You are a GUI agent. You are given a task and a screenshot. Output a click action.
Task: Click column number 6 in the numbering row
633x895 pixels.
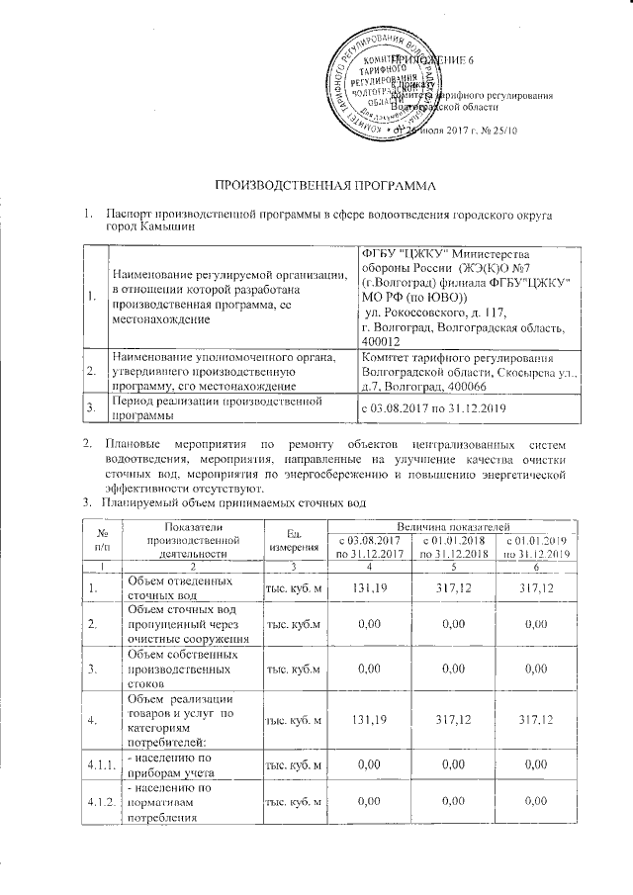click(535, 566)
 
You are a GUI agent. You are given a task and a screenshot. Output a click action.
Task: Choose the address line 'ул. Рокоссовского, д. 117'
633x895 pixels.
click(432, 313)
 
